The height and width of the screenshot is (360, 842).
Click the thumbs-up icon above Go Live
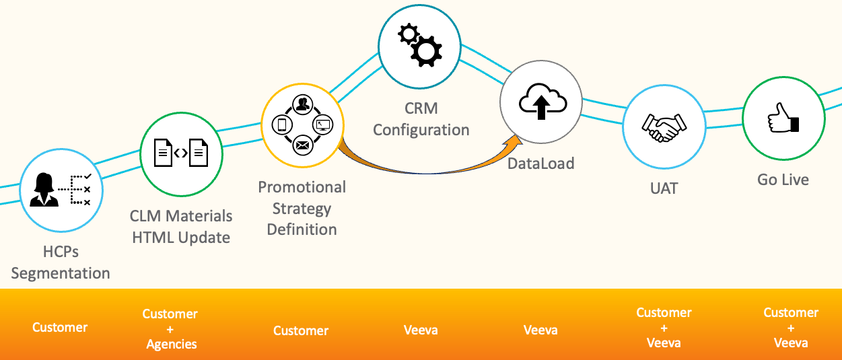point(783,118)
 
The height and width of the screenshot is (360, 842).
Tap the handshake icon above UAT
point(664,127)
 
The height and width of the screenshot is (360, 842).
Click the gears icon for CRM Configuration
point(420,44)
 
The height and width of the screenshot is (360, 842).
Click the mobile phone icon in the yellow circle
point(283,124)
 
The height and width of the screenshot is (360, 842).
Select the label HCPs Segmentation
point(60,262)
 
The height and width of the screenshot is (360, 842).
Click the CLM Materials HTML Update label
point(181,227)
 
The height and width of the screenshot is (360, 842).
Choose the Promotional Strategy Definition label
point(302,208)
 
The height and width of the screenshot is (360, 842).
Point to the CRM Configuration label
point(421,118)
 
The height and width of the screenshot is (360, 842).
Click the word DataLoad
point(541,163)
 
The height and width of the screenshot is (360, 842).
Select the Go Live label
point(783,180)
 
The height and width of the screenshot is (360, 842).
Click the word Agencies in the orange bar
point(172,344)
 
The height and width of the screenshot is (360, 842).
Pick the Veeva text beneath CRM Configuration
point(421,330)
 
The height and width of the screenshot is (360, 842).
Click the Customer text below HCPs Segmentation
point(60,327)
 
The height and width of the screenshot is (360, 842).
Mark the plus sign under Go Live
point(791,328)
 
